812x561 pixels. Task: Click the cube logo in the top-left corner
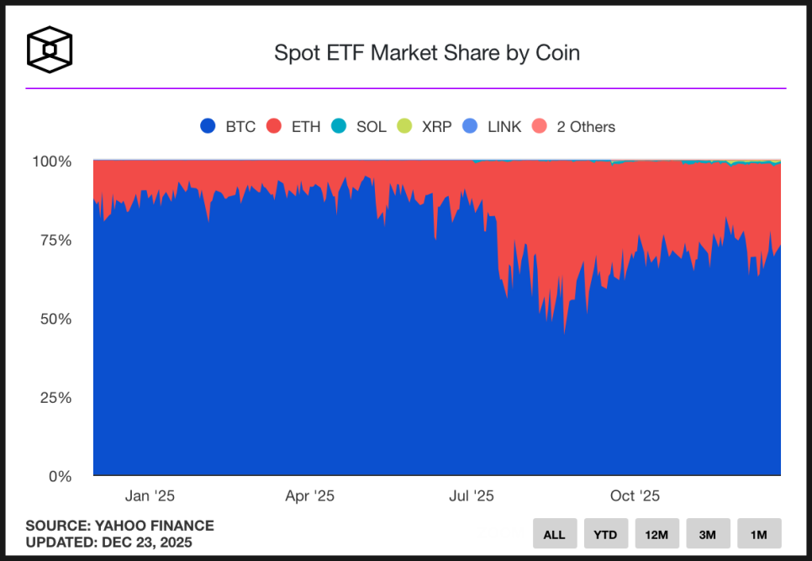click(x=50, y=50)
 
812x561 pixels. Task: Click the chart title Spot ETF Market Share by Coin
click(x=427, y=53)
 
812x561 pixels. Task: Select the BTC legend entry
click(x=228, y=127)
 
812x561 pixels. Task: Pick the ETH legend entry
click(x=293, y=127)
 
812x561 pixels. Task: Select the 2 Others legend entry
click(x=574, y=127)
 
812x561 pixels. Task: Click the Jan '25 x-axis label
click(x=150, y=496)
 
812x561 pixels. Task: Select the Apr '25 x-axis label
click(x=309, y=496)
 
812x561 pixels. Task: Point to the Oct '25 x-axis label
click(x=635, y=496)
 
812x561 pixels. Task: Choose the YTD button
click(x=605, y=534)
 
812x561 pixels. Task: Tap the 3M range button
click(x=707, y=534)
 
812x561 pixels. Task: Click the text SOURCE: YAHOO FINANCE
click(x=119, y=526)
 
